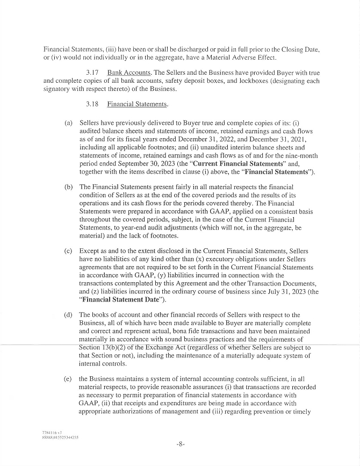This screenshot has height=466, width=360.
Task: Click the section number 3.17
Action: point(92,72)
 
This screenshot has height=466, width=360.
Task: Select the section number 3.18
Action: point(92,103)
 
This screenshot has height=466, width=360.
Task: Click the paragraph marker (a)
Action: point(68,123)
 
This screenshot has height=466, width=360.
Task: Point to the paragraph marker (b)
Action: point(68,187)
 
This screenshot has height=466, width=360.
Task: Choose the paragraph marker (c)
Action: point(68,250)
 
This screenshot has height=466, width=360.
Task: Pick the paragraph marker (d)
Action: point(68,314)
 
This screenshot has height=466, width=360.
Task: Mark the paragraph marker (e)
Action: point(68,378)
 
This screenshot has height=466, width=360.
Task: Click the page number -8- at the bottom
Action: point(180,444)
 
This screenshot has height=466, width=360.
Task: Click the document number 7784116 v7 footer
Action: point(52,432)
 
